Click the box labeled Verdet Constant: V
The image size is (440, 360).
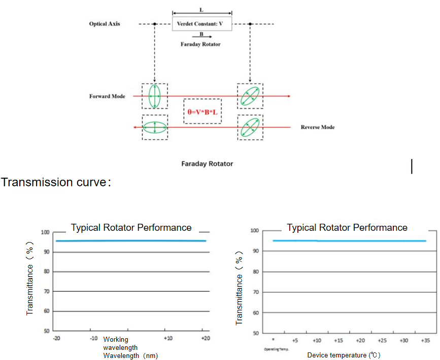[x=202, y=24]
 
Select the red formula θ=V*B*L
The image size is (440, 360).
[x=202, y=111]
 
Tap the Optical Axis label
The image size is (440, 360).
[x=105, y=24]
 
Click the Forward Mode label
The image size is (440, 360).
[x=107, y=96]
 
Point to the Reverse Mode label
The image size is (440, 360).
[x=318, y=127]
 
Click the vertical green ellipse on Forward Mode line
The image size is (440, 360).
[x=154, y=96]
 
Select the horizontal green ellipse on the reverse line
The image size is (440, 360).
[x=154, y=128]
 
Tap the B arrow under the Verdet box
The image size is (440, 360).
[x=202, y=36]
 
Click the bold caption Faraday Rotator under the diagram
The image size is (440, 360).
[x=207, y=164]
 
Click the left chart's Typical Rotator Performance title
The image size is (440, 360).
[x=131, y=227]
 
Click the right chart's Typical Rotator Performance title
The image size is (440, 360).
[x=347, y=227]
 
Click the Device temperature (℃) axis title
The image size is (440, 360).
[x=344, y=355]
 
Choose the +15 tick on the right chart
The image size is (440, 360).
[x=338, y=341]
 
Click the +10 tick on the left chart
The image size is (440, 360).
[x=168, y=338]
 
